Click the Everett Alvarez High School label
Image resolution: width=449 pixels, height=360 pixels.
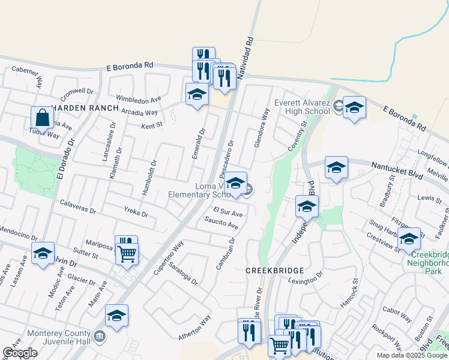[303, 107]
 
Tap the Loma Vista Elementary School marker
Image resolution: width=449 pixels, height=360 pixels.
[235, 183]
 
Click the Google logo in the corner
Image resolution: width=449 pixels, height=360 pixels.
[20, 353]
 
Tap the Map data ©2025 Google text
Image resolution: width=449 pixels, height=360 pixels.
[411, 355]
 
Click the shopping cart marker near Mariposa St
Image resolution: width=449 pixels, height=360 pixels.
[127, 253]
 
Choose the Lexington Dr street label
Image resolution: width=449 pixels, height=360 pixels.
[305, 280]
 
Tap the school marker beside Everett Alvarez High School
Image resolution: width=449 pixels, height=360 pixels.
[354, 107]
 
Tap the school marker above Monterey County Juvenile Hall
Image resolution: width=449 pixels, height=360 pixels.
[116, 316]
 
